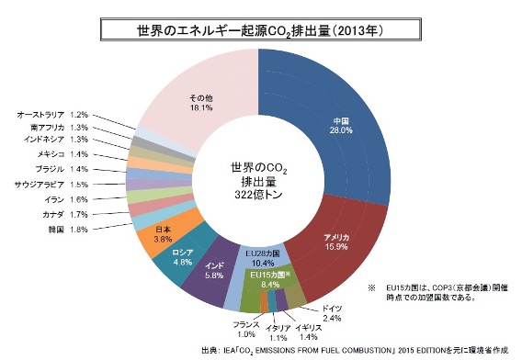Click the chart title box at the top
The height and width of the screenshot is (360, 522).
(261, 30)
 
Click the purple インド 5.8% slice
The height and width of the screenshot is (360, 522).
(213, 273)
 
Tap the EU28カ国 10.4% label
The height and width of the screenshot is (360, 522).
(263, 259)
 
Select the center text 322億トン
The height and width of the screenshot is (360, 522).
(258, 195)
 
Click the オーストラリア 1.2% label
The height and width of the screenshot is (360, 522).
(52, 115)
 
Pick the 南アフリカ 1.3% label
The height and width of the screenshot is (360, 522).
(59, 128)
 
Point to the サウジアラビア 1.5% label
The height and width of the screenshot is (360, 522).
(51, 185)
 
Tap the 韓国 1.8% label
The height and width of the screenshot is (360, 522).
(68, 230)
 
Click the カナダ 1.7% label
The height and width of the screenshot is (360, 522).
(65, 214)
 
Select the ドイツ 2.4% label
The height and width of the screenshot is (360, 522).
(332, 313)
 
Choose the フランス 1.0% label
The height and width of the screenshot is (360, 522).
(246, 329)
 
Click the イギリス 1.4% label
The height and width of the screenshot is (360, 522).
(308, 332)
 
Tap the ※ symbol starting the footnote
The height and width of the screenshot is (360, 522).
(371, 287)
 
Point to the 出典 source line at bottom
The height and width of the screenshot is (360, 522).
(355, 351)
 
